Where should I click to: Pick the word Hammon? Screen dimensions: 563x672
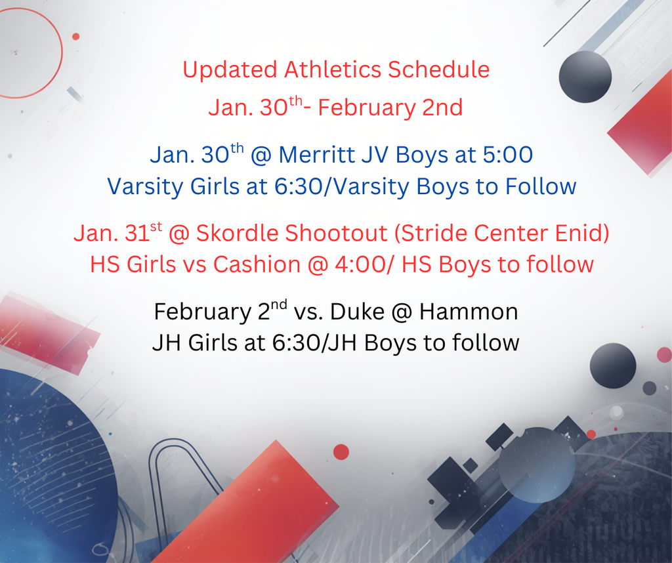[469, 312]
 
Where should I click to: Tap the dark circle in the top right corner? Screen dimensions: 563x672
[585, 77]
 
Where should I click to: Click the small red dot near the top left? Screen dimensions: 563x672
[75, 37]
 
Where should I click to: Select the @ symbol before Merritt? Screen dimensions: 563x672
[261, 156]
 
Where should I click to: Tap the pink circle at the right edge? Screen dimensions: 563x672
[664, 355]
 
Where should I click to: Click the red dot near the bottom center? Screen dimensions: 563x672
[341, 451]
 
